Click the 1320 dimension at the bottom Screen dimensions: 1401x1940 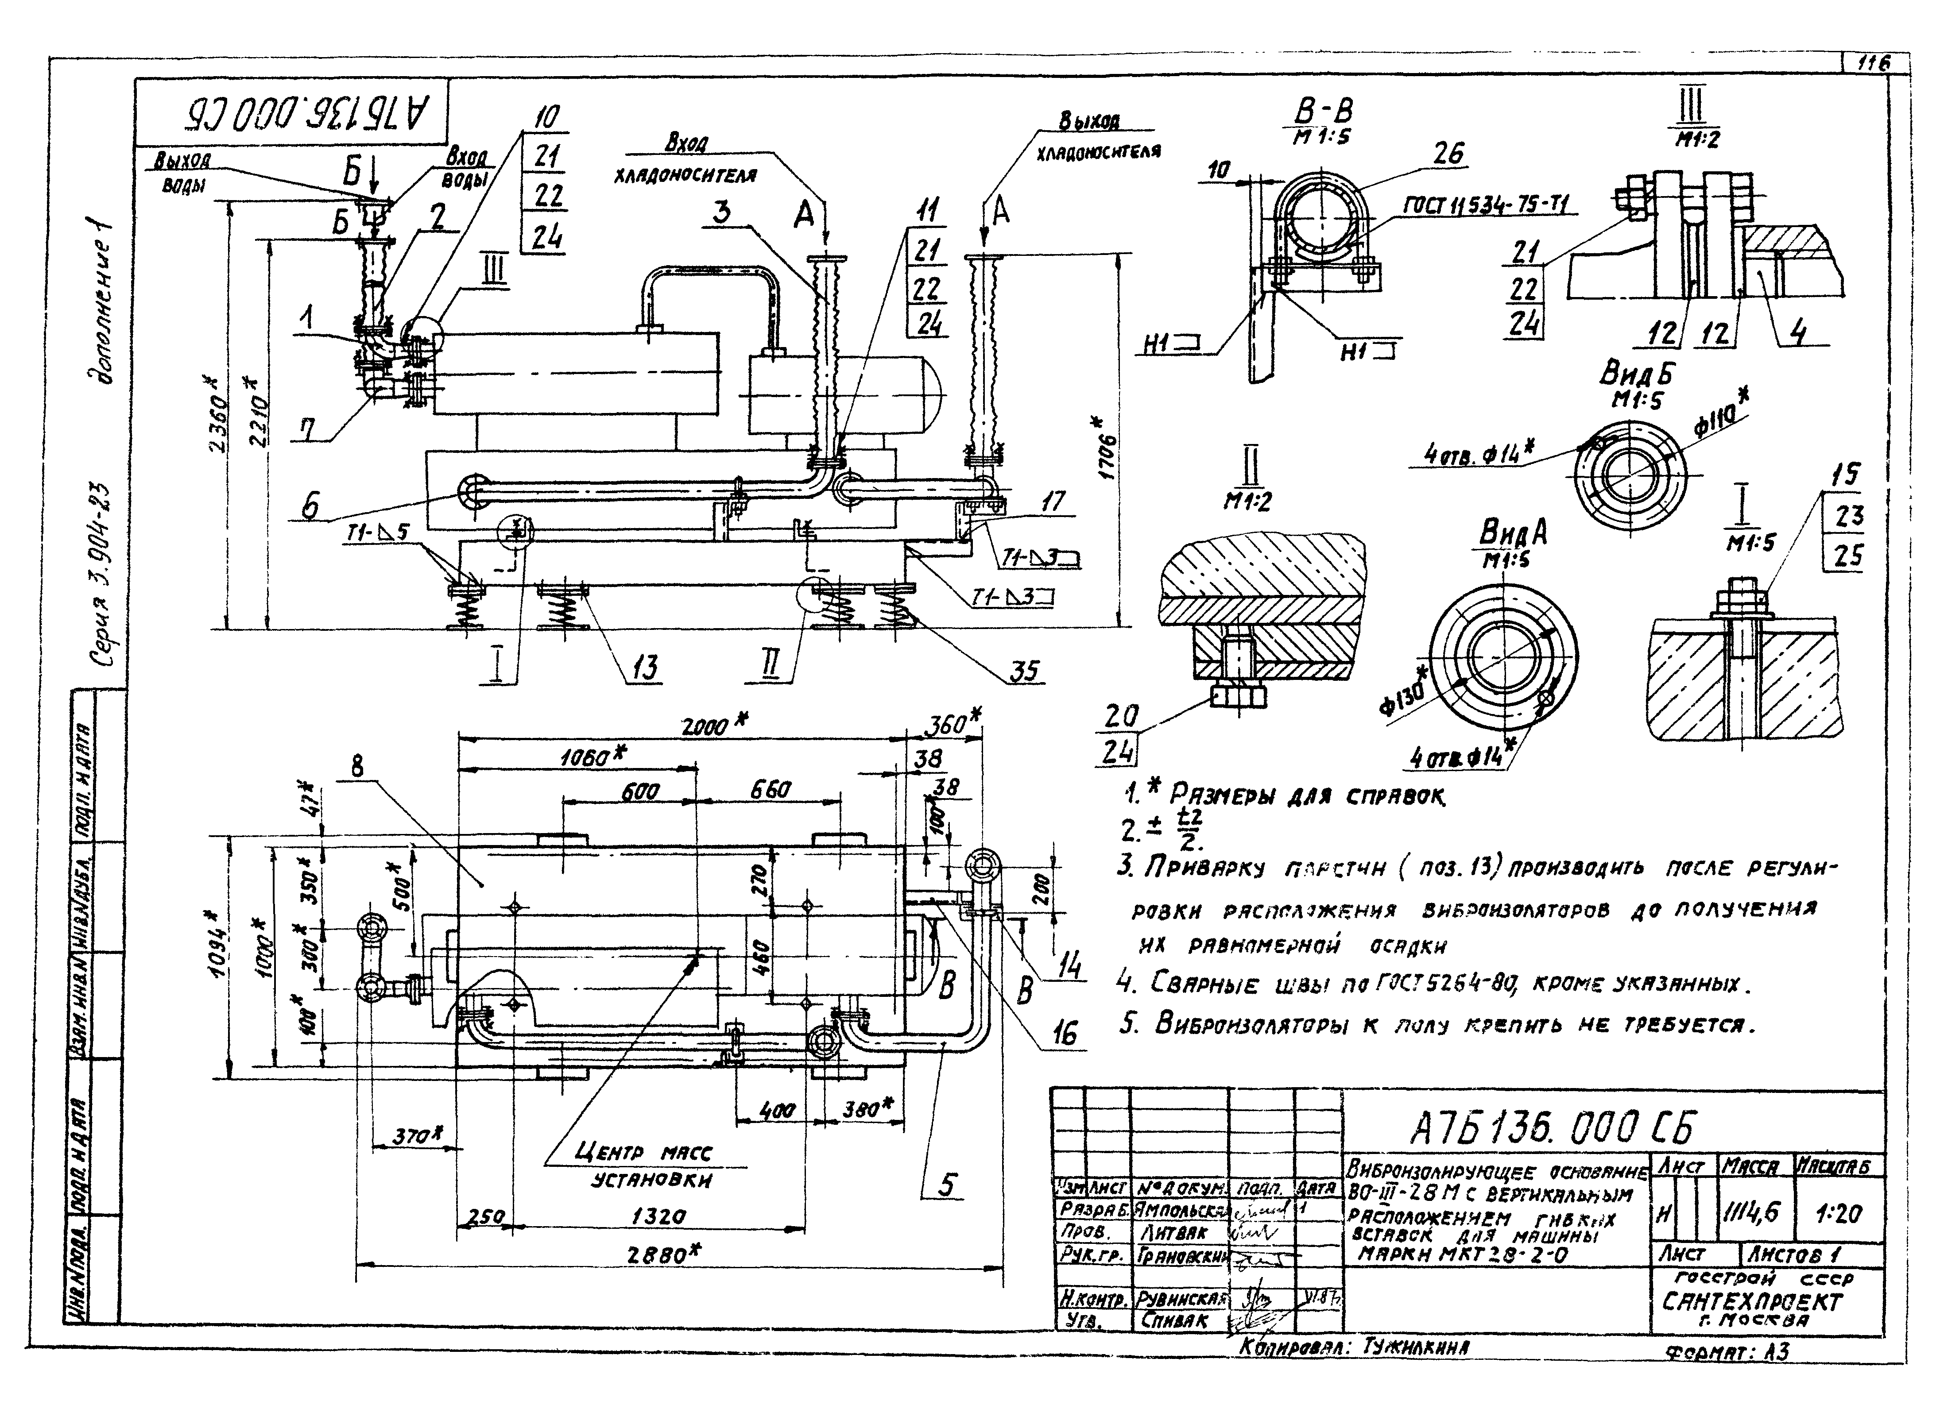658,1216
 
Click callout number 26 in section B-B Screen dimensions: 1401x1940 1448,154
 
